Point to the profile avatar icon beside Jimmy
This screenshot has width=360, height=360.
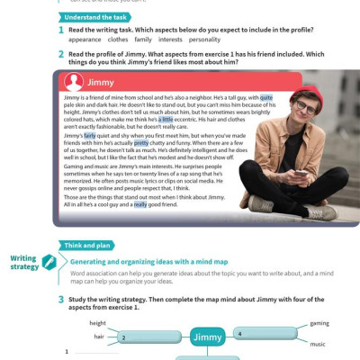click(x=74, y=81)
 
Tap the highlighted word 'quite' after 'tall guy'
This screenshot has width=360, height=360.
click(x=265, y=96)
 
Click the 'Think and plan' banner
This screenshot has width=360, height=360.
click(x=86, y=244)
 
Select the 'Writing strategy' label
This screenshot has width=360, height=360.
click(x=24, y=262)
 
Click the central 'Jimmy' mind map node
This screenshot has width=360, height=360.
click(x=208, y=337)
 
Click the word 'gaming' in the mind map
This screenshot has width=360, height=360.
click(x=319, y=322)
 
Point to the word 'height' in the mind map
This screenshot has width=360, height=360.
click(x=97, y=322)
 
